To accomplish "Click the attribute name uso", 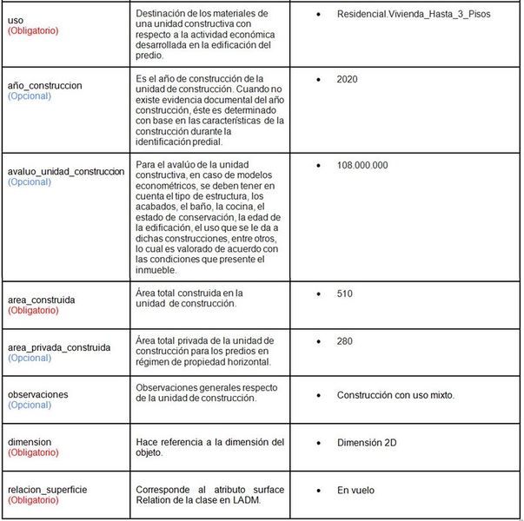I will click(16, 18).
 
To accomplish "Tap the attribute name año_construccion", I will click(44, 86).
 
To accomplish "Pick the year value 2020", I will click(347, 80).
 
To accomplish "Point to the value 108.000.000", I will click(362, 165).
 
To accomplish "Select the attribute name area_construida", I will click(41, 300).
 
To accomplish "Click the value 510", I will click(345, 293).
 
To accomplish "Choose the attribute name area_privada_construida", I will click(58, 347).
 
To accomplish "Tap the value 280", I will click(345, 341).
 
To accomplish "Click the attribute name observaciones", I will click(37, 394).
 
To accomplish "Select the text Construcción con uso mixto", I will click(395, 395).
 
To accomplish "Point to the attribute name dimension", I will click(29, 442).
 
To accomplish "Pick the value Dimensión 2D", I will click(366, 443).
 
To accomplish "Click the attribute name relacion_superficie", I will click(47, 490).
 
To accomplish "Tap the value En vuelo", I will click(355, 491).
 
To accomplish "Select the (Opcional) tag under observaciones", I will click(29, 406).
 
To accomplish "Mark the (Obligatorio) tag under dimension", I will click(33, 453).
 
